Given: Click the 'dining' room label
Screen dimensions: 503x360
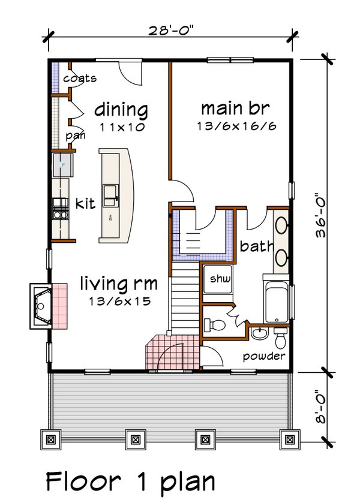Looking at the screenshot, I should (x=121, y=110).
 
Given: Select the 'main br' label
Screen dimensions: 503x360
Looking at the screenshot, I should (x=235, y=109).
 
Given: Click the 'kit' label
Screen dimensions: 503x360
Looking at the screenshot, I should (x=86, y=204).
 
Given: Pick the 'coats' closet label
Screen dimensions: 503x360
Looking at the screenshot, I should (x=80, y=79).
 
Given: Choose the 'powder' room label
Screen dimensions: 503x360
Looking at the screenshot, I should (x=263, y=356).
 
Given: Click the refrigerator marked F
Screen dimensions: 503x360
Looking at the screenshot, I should (x=62, y=164).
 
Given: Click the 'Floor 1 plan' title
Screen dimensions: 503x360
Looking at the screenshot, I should (x=130, y=481).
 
